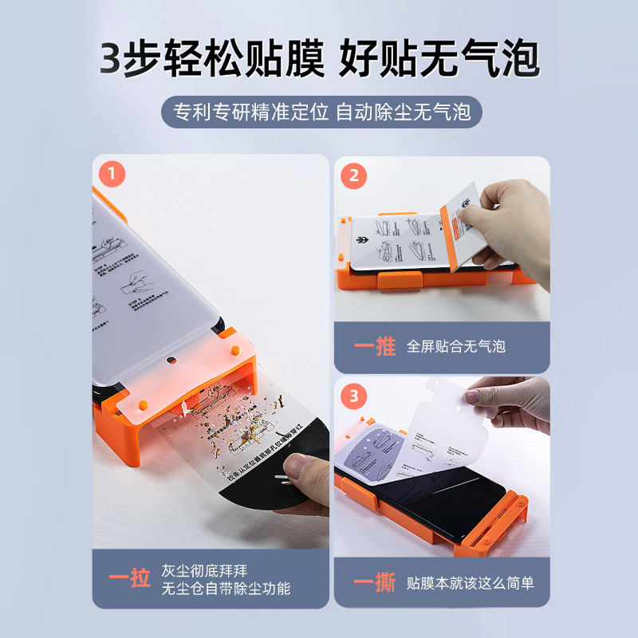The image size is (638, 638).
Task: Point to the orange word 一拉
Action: (x=129, y=578)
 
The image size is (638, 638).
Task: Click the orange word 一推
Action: (x=374, y=346)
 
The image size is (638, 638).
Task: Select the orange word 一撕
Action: (x=374, y=583)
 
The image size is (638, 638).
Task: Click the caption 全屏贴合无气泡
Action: (x=455, y=346)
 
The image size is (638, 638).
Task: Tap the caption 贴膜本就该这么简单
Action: (x=470, y=583)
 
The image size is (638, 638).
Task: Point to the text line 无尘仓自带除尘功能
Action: (x=226, y=589)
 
